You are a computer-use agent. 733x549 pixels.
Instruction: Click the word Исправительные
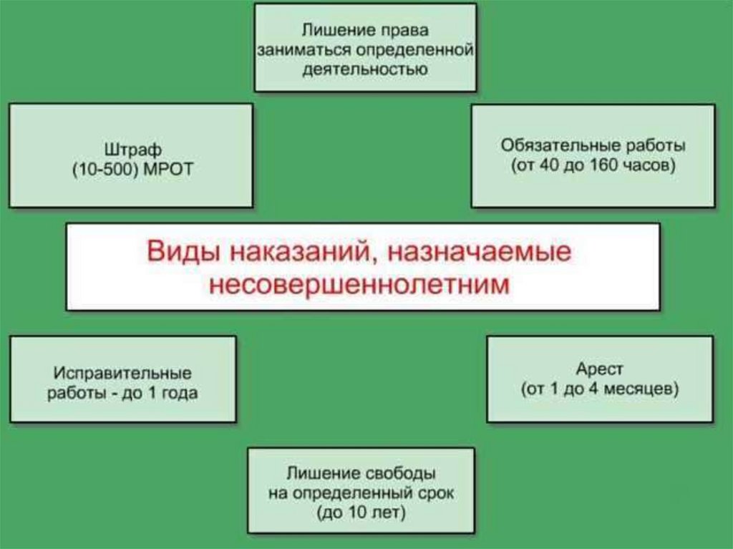pos(122,374)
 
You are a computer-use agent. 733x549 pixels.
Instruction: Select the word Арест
pos(600,370)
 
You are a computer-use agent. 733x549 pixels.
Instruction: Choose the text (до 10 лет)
pos(360,513)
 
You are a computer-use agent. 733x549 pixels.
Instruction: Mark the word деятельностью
pos(365,70)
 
